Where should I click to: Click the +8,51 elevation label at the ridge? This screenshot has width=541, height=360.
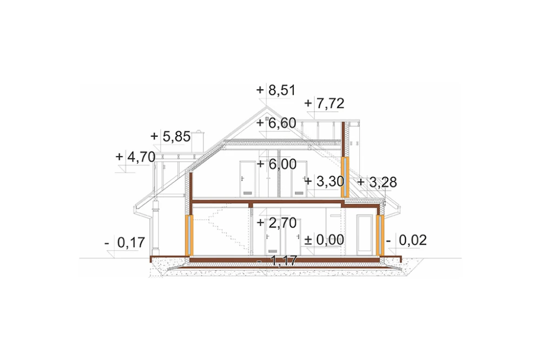point(276,90)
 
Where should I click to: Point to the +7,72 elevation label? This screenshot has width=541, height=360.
point(324,103)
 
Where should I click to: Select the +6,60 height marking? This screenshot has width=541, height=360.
point(276,123)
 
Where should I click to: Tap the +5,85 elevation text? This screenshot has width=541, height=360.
point(170,137)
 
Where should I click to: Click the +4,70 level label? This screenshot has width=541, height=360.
point(135,157)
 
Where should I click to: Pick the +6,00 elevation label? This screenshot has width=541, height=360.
point(276,164)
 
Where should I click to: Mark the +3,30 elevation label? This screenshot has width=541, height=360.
point(324,182)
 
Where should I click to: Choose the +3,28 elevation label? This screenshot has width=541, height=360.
point(377,182)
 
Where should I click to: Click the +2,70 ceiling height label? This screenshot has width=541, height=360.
point(276,223)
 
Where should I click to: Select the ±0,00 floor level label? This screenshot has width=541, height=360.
point(324,239)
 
